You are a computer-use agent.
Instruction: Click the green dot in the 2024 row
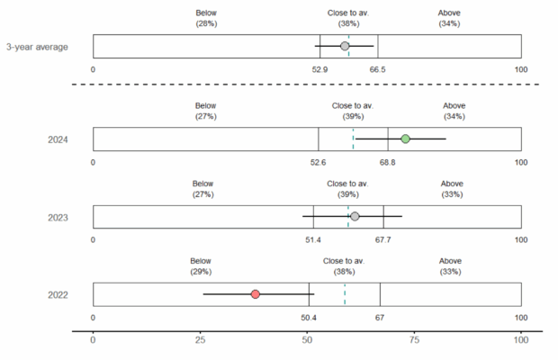pyautogui.click(x=405, y=139)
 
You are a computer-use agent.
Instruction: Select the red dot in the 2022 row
pyautogui.click(x=256, y=294)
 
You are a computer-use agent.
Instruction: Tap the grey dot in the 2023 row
pyautogui.click(x=355, y=217)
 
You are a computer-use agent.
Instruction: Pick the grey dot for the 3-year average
pyautogui.click(x=345, y=46)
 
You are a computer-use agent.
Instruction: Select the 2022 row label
pyautogui.click(x=58, y=295)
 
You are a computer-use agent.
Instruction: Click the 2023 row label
pyautogui.click(x=58, y=217)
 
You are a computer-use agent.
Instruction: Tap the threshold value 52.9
pyautogui.click(x=319, y=69)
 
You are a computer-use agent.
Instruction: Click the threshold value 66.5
pyautogui.click(x=378, y=69)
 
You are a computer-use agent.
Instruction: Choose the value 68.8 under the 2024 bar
pyautogui.click(x=388, y=163)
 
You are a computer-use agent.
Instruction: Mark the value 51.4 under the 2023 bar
pyautogui.click(x=313, y=240)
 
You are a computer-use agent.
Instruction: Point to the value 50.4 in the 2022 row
pyautogui.click(x=309, y=318)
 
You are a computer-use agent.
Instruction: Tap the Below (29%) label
pyautogui.click(x=201, y=265)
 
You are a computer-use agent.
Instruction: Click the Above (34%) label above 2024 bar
pyautogui.click(x=454, y=111)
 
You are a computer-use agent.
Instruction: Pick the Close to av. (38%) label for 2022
pyautogui.click(x=344, y=265)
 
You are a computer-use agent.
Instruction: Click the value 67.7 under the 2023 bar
pyautogui.click(x=383, y=240)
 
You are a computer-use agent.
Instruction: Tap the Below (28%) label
pyautogui.click(x=206, y=18)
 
